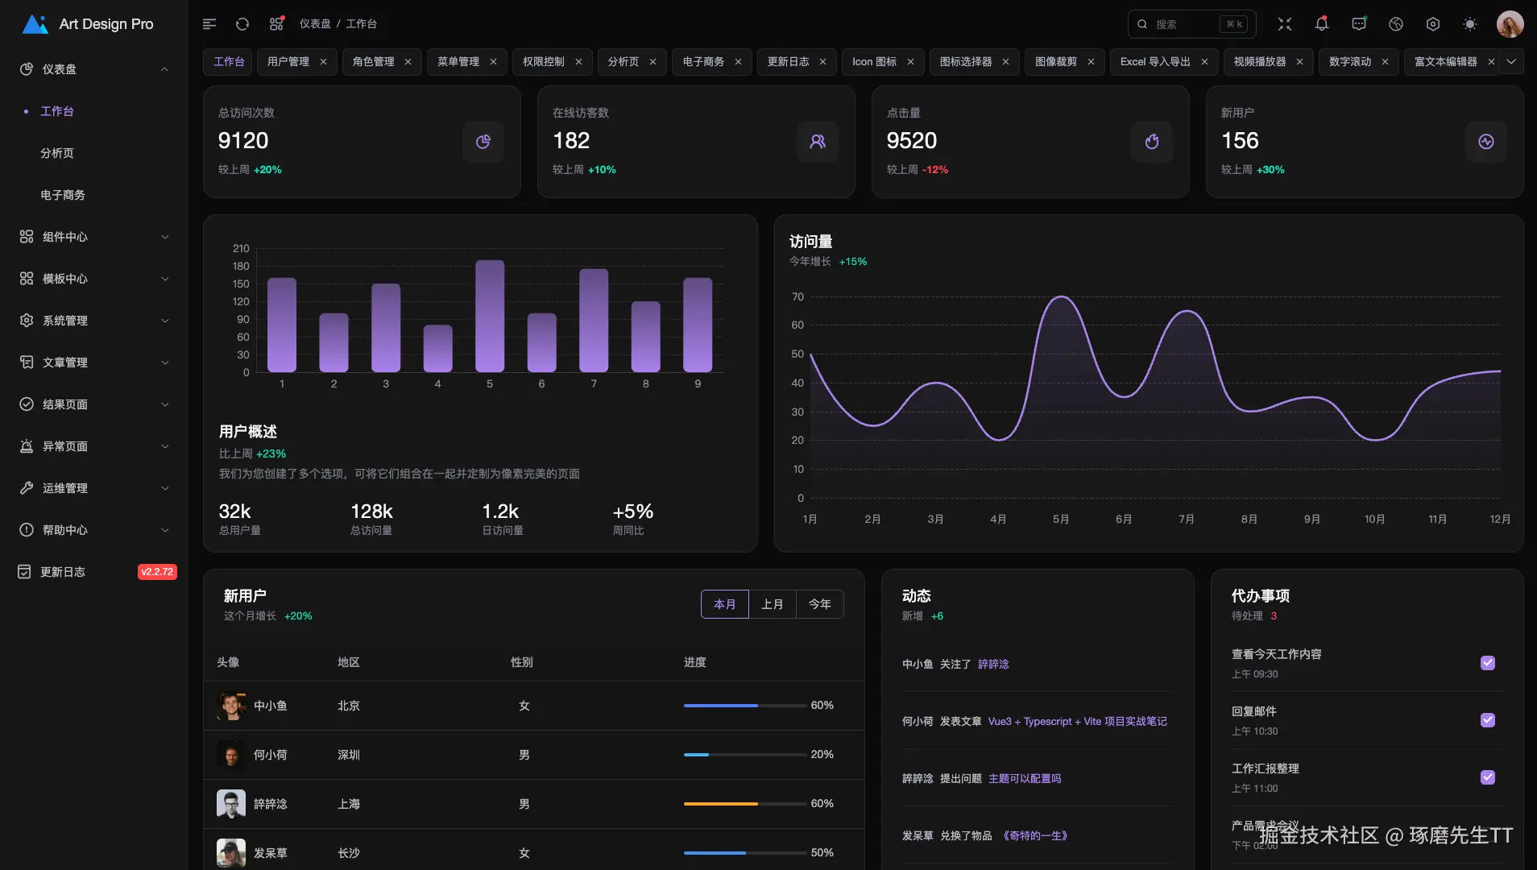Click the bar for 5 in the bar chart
point(490,316)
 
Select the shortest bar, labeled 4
point(437,348)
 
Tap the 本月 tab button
point(724,604)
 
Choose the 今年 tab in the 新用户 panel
point(819,604)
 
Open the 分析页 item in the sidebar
point(57,153)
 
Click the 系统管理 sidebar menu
point(65,321)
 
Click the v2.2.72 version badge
point(157,572)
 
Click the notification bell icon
point(1321,24)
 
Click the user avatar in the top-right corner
point(1510,24)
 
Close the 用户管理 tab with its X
point(323,62)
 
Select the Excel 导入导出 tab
point(1154,62)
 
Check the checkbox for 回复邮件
point(1487,720)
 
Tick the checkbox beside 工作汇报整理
point(1487,777)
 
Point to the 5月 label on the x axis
point(1060,520)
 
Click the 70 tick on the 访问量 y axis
point(797,297)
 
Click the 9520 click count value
point(911,141)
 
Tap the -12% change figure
point(934,170)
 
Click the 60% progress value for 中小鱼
point(822,706)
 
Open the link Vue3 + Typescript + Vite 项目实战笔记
point(1077,722)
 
